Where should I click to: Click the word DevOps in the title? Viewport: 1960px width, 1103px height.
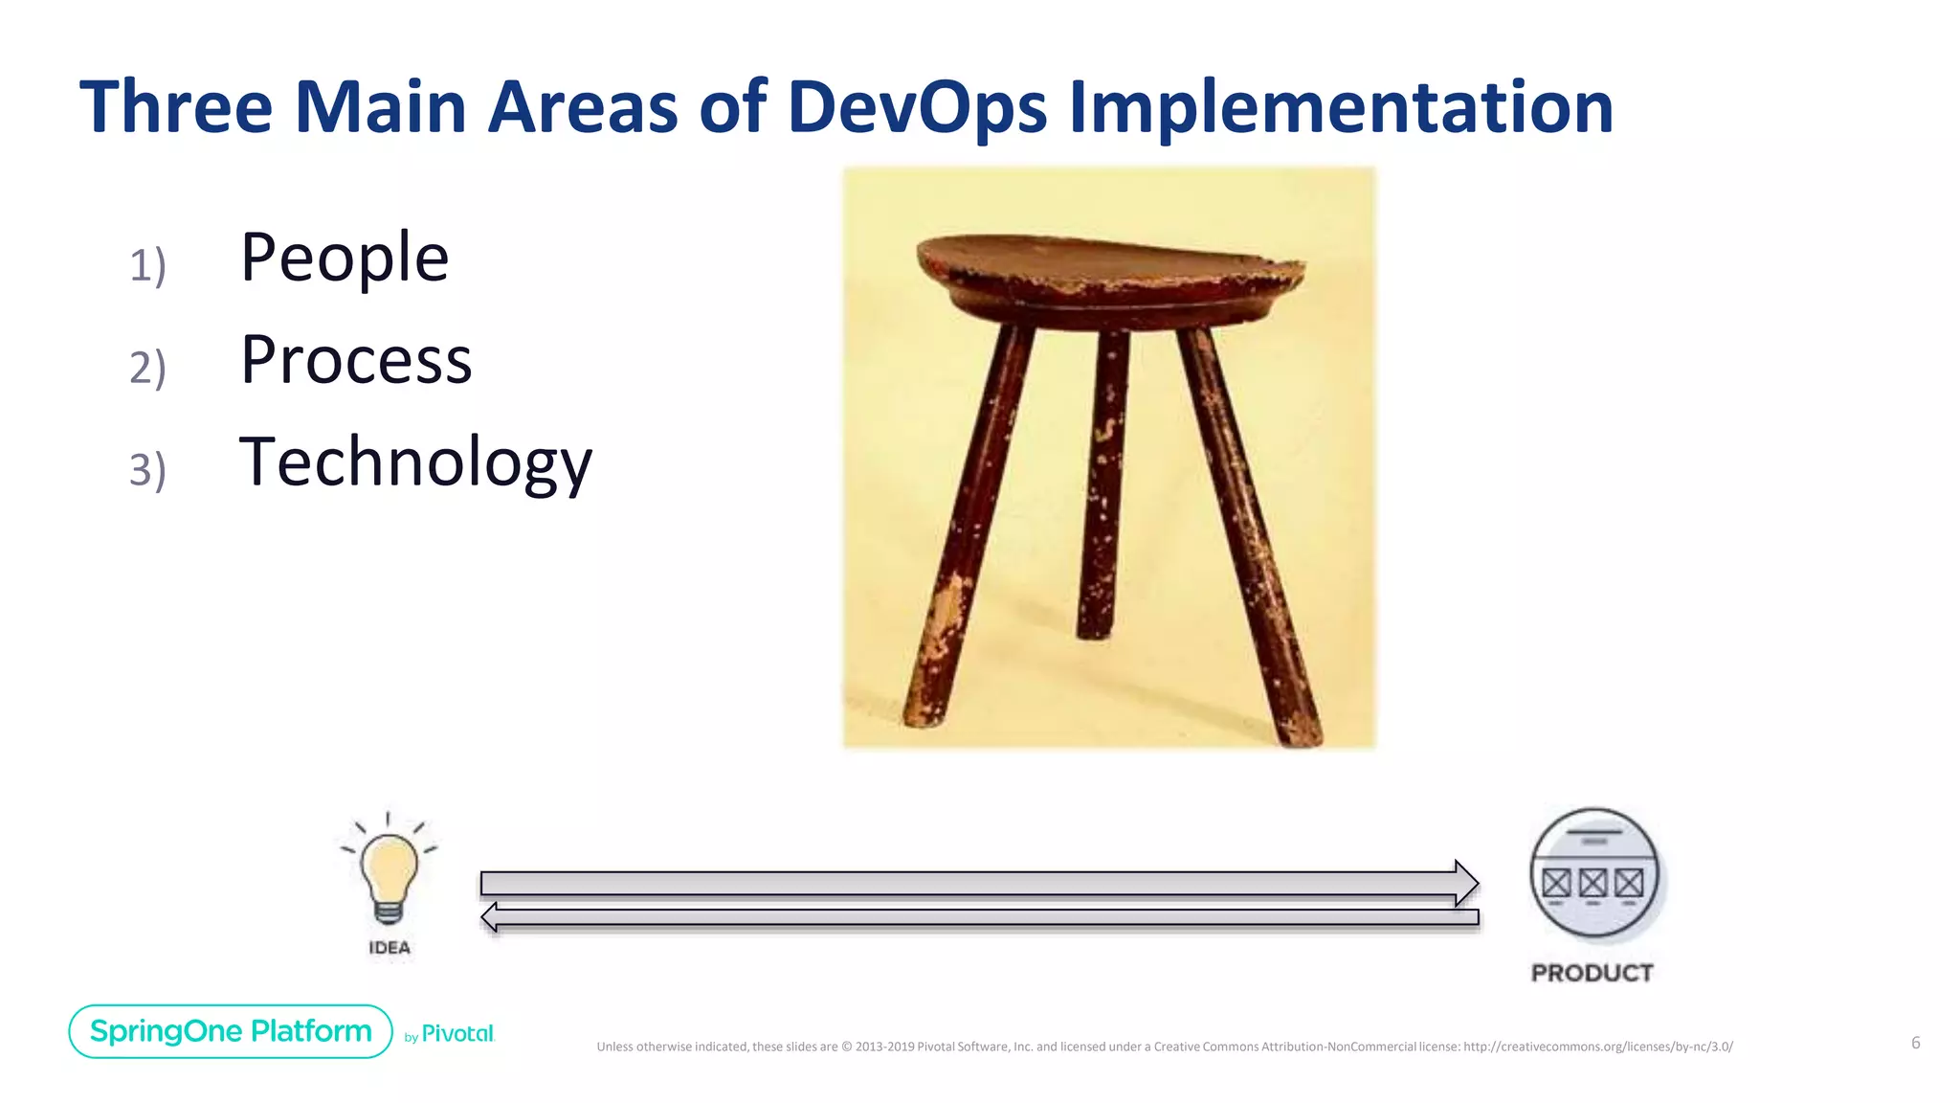tap(917, 107)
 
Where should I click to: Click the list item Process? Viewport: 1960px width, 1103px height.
tap(356, 360)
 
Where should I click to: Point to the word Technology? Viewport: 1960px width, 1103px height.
tap(415, 462)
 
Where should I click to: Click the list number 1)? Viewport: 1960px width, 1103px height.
tap(147, 265)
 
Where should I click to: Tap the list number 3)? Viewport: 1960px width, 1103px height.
tap(147, 470)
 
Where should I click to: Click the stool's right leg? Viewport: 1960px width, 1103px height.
tap(1249, 536)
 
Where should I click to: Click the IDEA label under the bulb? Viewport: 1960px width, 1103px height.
tap(390, 948)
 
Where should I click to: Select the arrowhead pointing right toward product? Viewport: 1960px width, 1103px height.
tap(1465, 883)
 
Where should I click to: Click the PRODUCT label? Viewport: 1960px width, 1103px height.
tap(1592, 973)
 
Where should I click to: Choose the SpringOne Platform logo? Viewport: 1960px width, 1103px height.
tap(231, 1031)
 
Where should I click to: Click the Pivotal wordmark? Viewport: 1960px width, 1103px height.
tap(457, 1034)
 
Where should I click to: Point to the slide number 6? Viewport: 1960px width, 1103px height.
tap(1915, 1043)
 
